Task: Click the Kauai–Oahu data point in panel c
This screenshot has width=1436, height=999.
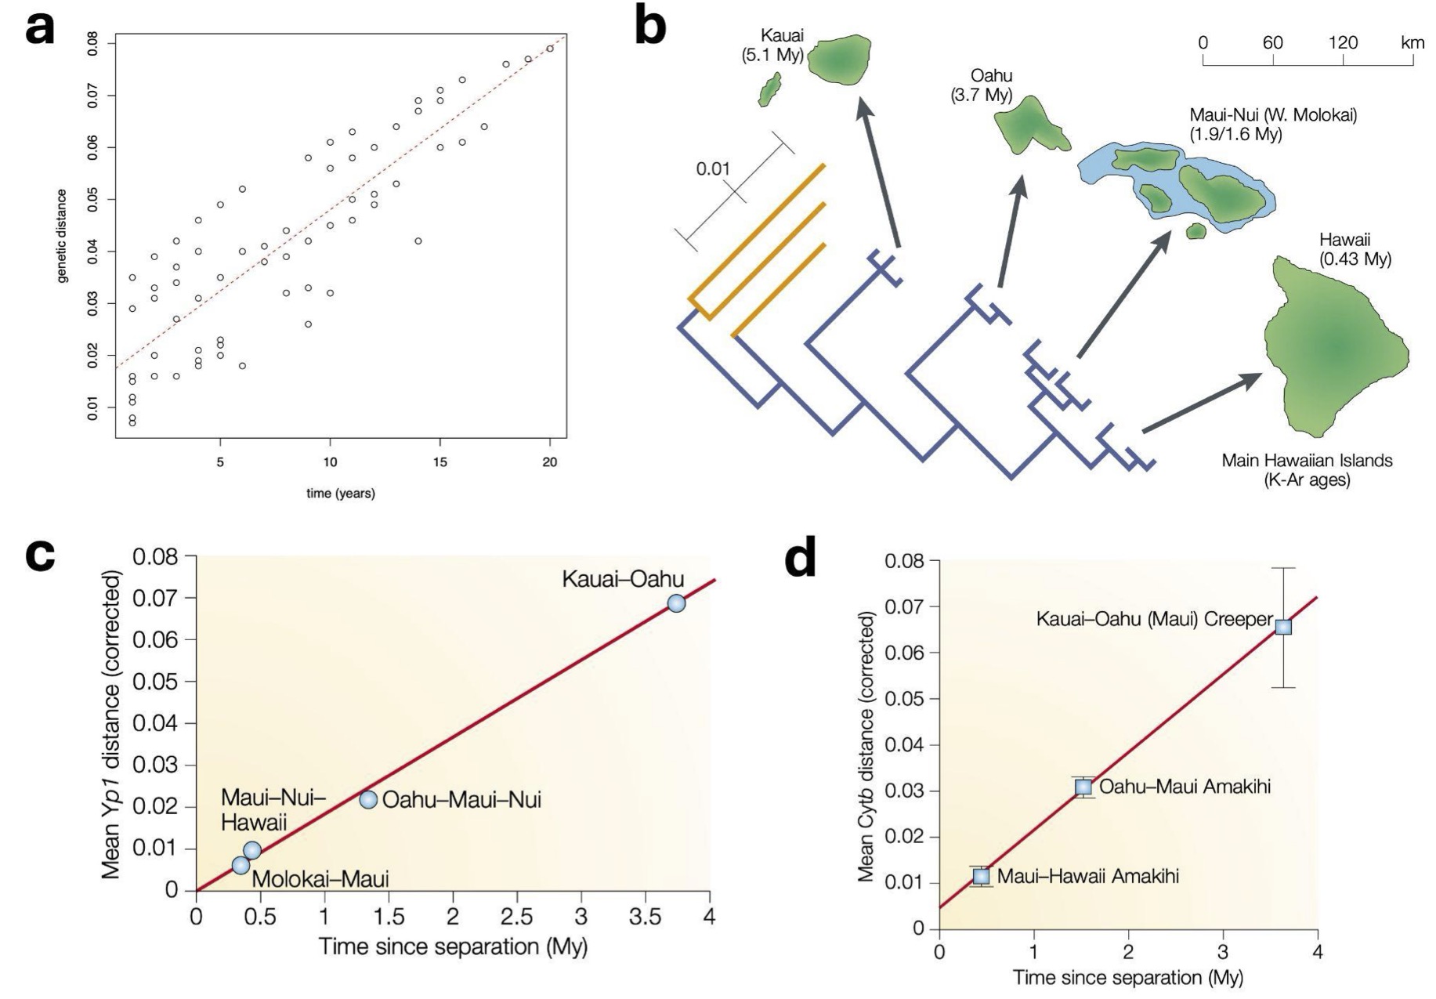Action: point(676,603)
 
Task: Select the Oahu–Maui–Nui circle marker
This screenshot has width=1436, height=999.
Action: point(368,800)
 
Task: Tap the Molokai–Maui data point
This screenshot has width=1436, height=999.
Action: point(241,866)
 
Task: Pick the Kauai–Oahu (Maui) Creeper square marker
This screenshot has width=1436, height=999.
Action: point(1283,627)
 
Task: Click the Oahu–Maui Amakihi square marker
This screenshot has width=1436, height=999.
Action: point(1083,787)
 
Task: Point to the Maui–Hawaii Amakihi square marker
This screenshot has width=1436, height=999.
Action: point(981,876)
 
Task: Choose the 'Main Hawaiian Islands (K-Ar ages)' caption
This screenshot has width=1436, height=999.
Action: point(1307,470)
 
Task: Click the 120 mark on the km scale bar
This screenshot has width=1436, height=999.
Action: point(1343,42)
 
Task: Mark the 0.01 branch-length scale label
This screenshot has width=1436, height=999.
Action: point(713,168)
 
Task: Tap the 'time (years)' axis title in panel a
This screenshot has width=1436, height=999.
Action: point(340,494)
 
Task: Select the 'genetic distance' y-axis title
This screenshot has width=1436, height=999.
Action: point(62,235)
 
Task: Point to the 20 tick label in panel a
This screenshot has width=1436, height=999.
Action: point(550,462)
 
